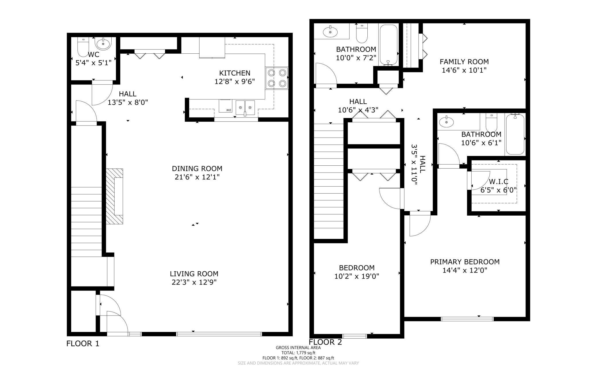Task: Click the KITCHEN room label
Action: (x=235, y=73)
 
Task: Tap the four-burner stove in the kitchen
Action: (x=277, y=78)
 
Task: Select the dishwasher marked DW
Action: (x=225, y=106)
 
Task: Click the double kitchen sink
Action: (x=245, y=108)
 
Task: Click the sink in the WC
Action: (x=103, y=44)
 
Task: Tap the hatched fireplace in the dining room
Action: (x=115, y=196)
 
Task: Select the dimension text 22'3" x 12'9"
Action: (x=194, y=282)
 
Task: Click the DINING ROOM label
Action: (x=197, y=169)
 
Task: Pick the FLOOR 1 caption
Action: (x=83, y=343)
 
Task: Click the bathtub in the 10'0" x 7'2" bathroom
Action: (x=389, y=45)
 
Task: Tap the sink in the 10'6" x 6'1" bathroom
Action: (x=447, y=122)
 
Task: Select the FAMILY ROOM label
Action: (x=464, y=62)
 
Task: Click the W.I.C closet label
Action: (x=499, y=181)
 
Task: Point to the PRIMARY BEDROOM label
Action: (x=465, y=262)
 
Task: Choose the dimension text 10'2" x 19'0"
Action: (x=357, y=276)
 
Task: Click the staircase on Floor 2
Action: (x=329, y=181)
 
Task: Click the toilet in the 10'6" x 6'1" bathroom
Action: (x=491, y=123)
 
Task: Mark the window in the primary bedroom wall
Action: (x=467, y=319)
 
